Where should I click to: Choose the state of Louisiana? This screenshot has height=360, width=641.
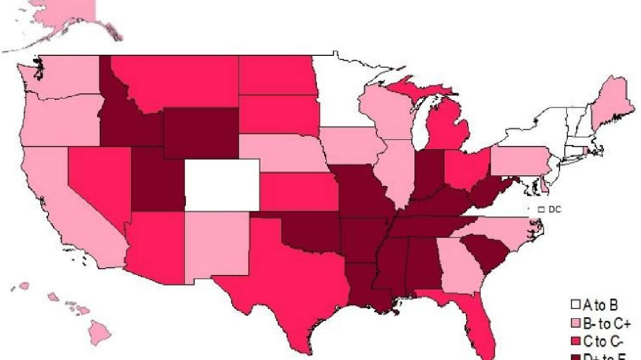pos(365,284)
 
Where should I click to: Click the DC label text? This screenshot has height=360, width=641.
pos(555,209)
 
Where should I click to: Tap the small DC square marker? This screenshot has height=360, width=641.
pos(541,209)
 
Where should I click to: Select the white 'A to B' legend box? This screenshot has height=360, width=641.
pos(575,304)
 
